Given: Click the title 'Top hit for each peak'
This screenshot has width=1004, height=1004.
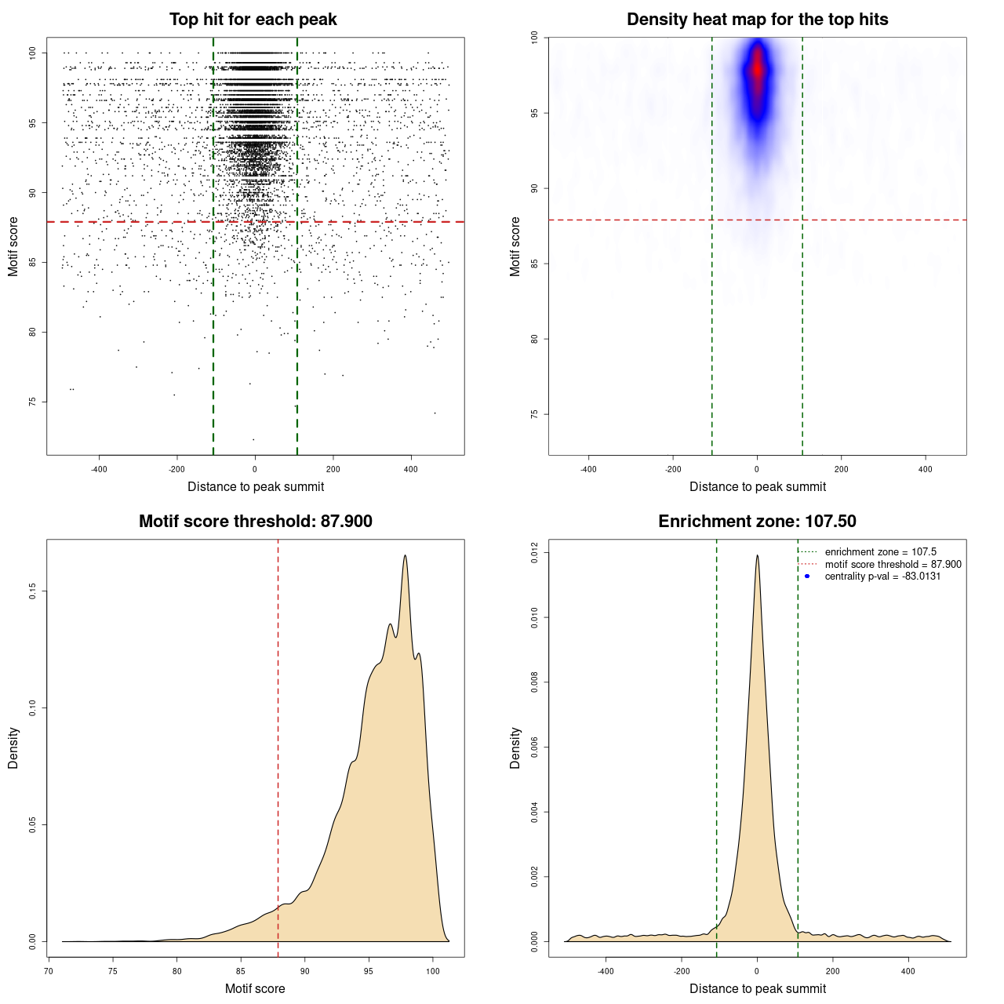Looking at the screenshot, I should pyautogui.click(x=253, y=20).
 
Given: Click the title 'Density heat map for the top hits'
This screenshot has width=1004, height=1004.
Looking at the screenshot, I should pyautogui.click(x=757, y=20).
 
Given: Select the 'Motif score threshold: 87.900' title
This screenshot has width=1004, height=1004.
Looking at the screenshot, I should pyautogui.click(x=255, y=522).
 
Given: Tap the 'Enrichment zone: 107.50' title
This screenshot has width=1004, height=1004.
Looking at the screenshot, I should pyautogui.click(x=757, y=522).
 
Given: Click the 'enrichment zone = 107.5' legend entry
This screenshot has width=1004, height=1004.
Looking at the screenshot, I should pyautogui.click(x=880, y=552).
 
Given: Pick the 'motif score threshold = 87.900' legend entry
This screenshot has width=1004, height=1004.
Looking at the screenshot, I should pyautogui.click(x=893, y=565).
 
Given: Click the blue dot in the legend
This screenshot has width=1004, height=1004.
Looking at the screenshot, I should pyautogui.click(x=807, y=577).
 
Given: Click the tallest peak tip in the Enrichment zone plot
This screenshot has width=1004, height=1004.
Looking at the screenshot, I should pyautogui.click(x=757, y=556).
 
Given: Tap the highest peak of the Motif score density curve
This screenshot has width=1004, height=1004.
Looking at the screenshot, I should pyautogui.click(x=406, y=556).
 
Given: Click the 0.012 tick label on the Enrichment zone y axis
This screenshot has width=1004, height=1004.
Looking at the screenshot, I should pyautogui.click(x=535, y=553).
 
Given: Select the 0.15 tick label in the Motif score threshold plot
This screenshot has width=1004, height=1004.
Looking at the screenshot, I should pyautogui.click(x=33, y=591).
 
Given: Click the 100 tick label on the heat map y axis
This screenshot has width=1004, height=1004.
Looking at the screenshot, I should pyautogui.click(x=535, y=38).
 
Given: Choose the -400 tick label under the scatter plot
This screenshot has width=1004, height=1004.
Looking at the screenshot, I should pyautogui.click(x=99, y=469).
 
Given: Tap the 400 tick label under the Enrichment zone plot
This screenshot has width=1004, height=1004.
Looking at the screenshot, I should pyautogui.click(x=908, y=971).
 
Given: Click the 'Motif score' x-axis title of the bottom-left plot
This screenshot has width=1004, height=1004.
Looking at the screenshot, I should pyautogui.click(x=255, y=988).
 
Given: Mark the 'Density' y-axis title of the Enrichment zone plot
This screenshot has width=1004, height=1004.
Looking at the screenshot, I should pyautogui.click(x=515, y=748).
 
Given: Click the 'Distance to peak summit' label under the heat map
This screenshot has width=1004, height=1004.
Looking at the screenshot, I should pyautogui.click(x=757, y=486).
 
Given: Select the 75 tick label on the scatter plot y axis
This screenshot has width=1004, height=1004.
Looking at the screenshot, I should pyautogui.click(x=33, y=402).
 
